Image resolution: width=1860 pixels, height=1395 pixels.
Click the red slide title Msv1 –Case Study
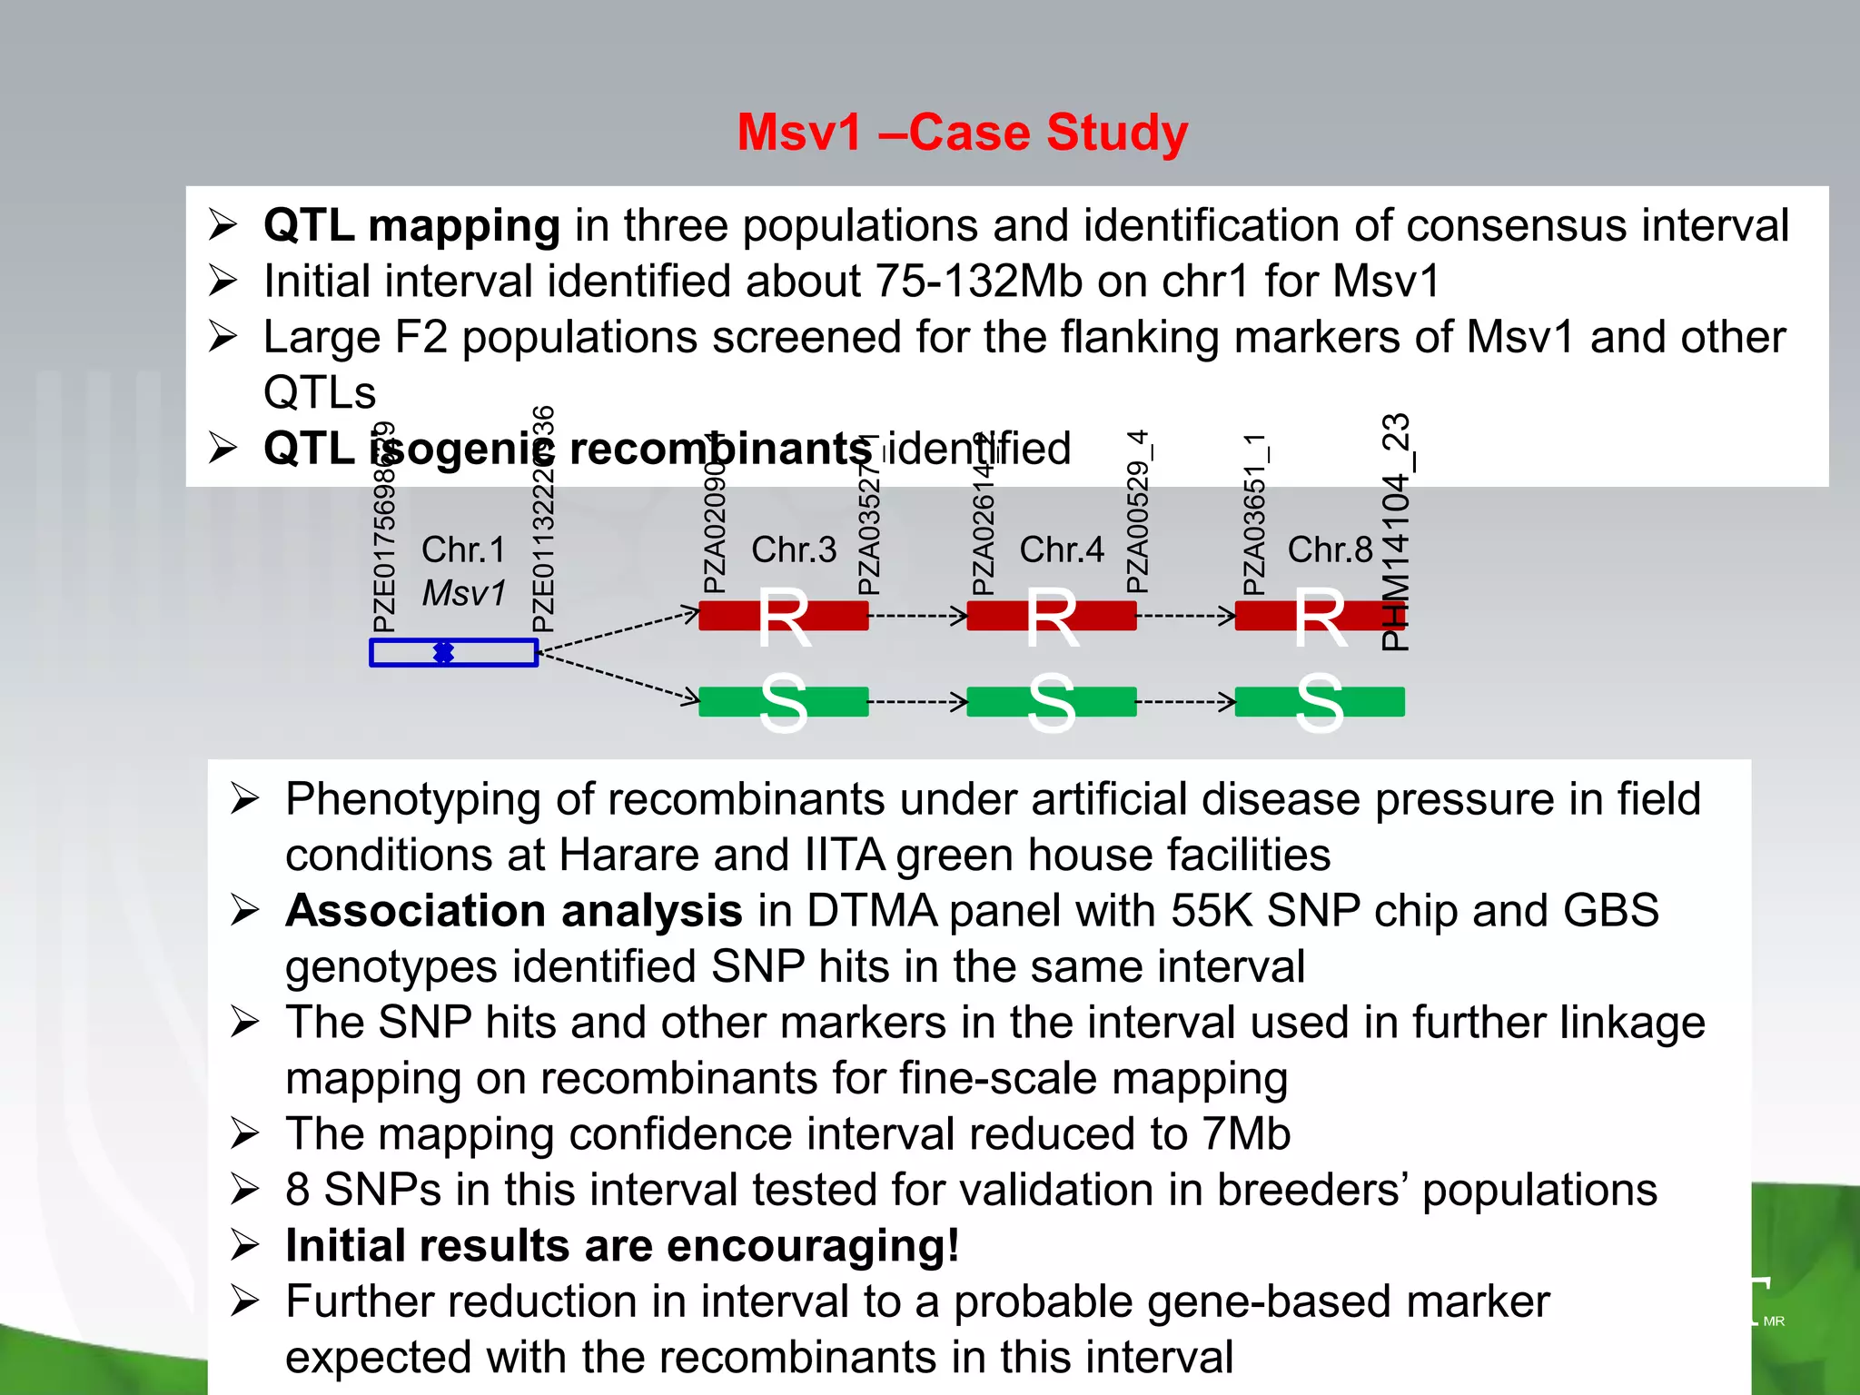coord(962,133)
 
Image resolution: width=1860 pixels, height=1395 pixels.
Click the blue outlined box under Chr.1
coord(490,653)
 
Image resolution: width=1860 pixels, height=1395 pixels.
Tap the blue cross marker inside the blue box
coord(443,652)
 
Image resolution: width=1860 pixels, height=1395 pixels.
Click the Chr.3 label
coord(794,549)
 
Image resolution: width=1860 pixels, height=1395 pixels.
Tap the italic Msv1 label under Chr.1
coord(463,593)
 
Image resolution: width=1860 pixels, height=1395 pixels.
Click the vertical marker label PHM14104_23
coord(1396,532)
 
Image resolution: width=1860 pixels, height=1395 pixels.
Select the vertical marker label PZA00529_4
coord(1137,512)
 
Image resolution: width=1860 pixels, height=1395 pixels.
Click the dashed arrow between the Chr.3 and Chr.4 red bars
coord(917,617)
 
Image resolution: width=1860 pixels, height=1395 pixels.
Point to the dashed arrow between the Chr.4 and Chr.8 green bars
coord(1185,702)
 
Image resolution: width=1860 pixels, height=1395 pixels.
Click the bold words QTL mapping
coord(411,225)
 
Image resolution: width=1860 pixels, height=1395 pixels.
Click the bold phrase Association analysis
coord(514,911)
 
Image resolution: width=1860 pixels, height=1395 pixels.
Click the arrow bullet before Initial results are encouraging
coord(244,1245)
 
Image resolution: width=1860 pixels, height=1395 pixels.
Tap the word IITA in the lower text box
coord(845,855)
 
